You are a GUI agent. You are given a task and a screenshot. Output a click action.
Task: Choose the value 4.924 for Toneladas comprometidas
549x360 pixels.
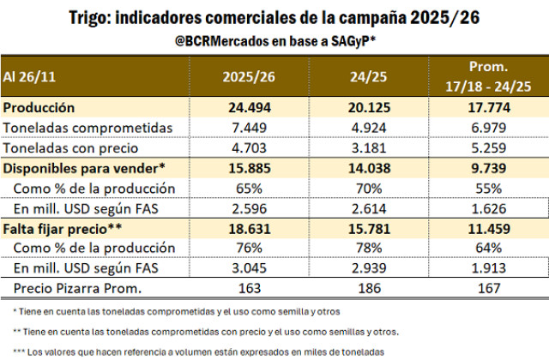[362, 128]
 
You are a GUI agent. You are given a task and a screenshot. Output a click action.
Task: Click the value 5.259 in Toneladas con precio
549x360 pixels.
[484, 147]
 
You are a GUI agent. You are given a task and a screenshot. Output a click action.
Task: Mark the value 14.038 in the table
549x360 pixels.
[361, 168]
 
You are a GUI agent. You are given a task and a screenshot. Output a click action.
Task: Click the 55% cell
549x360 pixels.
[484, 188]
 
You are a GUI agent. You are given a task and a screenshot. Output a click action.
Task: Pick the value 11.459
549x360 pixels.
[484, 228]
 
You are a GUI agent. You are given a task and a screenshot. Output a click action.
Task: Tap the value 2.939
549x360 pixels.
[362, 267]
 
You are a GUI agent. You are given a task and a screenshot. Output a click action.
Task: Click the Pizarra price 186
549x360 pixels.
[362, 288]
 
